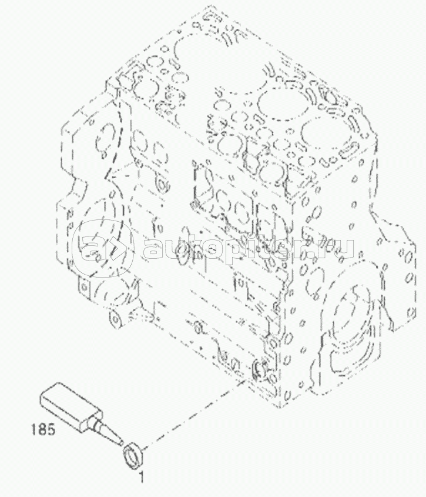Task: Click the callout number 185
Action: [x=43, y=429]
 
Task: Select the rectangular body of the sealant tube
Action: [x=70, y=405]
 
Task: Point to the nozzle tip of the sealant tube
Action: [x=122, y=443]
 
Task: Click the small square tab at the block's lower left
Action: [x=84, y=287]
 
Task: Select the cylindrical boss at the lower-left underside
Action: [x=116, y=320]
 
